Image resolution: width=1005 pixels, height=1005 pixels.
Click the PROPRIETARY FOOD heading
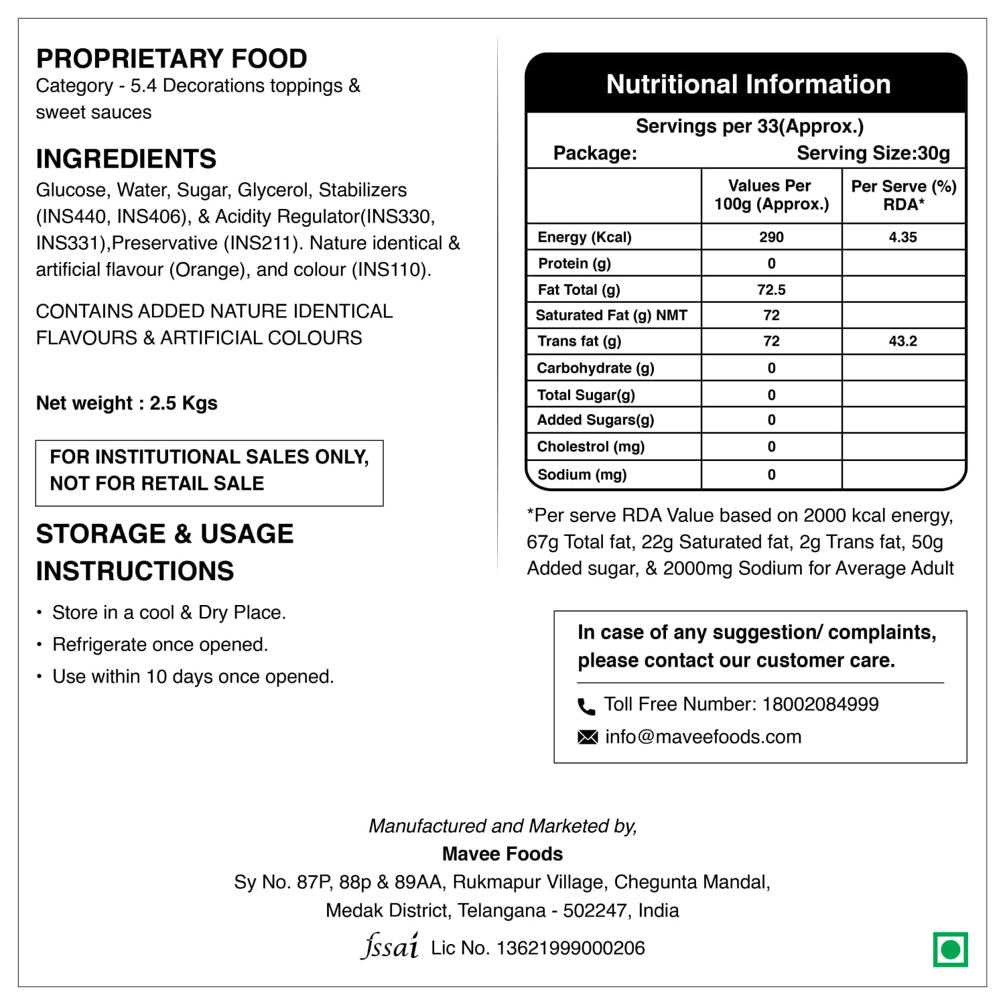(x=172, y=59)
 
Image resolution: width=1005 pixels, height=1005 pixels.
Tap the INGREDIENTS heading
(x=126, y=159)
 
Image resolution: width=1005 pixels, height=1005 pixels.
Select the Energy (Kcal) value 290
(x=771, y=237)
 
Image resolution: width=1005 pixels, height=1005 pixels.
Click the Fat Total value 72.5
(x=771, y=289)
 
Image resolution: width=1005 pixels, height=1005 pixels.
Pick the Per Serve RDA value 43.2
(x=902, y=341)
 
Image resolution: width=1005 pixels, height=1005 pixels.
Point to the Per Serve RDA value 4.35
(x=902, y=237)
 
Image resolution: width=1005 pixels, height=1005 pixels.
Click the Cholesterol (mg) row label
(x=590, y=447)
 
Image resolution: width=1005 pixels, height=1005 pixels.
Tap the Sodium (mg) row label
(x=582, y=475)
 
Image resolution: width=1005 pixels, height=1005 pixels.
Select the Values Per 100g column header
(x=771, y=195)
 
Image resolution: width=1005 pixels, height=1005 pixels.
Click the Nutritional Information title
(x=748, y=84)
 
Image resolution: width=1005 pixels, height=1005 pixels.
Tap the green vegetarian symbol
(x=950, y=949)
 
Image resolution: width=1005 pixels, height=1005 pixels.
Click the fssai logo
(x=390, y=946)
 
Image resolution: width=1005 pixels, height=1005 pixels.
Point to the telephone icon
(x=586, y=706)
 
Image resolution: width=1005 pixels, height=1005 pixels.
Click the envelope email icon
(x=588, y=738)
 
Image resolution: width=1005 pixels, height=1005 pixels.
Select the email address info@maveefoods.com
(x=703, y=737)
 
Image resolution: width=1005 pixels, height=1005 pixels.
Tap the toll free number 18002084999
(x=820, y=704)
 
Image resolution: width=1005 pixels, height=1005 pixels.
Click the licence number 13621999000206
(x=570, y=948)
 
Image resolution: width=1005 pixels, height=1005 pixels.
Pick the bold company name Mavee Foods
(x=503, y=854)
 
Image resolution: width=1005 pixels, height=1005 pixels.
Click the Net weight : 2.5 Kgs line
(x=127, y=403)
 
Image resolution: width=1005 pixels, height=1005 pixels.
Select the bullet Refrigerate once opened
(x=160, y=645)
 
